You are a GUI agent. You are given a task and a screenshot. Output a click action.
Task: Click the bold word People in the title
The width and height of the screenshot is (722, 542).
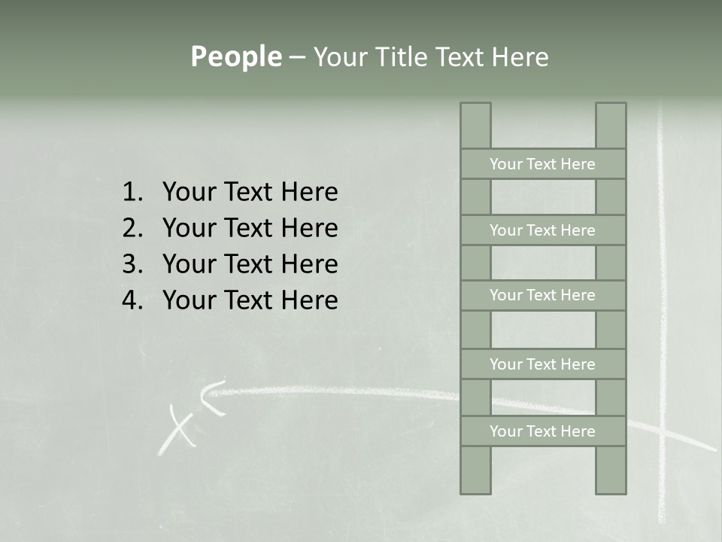[x=235, y=56]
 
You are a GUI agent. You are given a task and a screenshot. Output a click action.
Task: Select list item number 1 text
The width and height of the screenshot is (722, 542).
[x=250, y=192]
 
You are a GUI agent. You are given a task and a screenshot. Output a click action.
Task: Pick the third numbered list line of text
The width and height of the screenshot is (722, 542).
[x=250, y=264]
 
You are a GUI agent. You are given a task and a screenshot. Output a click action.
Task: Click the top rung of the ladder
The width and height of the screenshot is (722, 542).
[x=542, y=164]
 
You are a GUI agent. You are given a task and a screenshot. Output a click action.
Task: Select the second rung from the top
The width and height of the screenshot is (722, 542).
[x=542, y=230]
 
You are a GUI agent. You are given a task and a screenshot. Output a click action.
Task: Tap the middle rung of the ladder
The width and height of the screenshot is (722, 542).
[x=542, y=295]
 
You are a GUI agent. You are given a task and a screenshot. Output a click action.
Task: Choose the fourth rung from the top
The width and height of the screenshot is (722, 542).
[x=542, y=364]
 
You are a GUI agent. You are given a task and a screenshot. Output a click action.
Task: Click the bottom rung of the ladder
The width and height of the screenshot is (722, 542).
[x=542, y=431]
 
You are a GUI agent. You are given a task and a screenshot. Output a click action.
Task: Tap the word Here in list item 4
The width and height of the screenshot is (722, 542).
[x=309, y=300]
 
